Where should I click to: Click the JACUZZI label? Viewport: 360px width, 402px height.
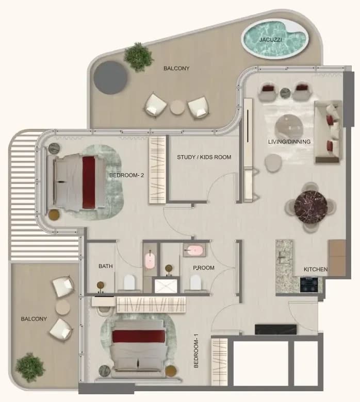[x=270, y=40]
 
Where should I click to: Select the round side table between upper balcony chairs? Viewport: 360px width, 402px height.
[x=177, y=107]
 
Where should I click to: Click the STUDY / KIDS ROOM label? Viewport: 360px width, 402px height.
[x=204, y=157]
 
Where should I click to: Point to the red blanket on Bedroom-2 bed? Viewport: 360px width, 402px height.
[x=89, y=182]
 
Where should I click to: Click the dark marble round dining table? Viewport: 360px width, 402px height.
[x=310, y=207]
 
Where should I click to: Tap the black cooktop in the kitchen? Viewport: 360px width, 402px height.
[x=309, y=284]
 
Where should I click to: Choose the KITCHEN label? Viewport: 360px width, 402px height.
[x=315, y=269]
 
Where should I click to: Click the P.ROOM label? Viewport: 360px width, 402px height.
[x=204, y=267]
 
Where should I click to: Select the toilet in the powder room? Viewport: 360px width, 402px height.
[x=195, y=282]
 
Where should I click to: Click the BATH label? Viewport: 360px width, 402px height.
[x=105, y=266]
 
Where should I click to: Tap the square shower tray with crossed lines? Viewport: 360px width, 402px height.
[x=166, y=286]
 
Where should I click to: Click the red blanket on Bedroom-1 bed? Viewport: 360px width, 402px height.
[x=139, y=336]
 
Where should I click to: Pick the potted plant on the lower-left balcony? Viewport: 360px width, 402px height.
[x=30, y=367]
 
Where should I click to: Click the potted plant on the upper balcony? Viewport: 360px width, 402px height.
[x=139, y=57]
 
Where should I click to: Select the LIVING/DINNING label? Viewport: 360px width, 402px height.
[x=289, y=142]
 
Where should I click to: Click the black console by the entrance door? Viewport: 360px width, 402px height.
[x=275, y=329]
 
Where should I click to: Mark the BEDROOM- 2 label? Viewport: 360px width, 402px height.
[x=126, y=175]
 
